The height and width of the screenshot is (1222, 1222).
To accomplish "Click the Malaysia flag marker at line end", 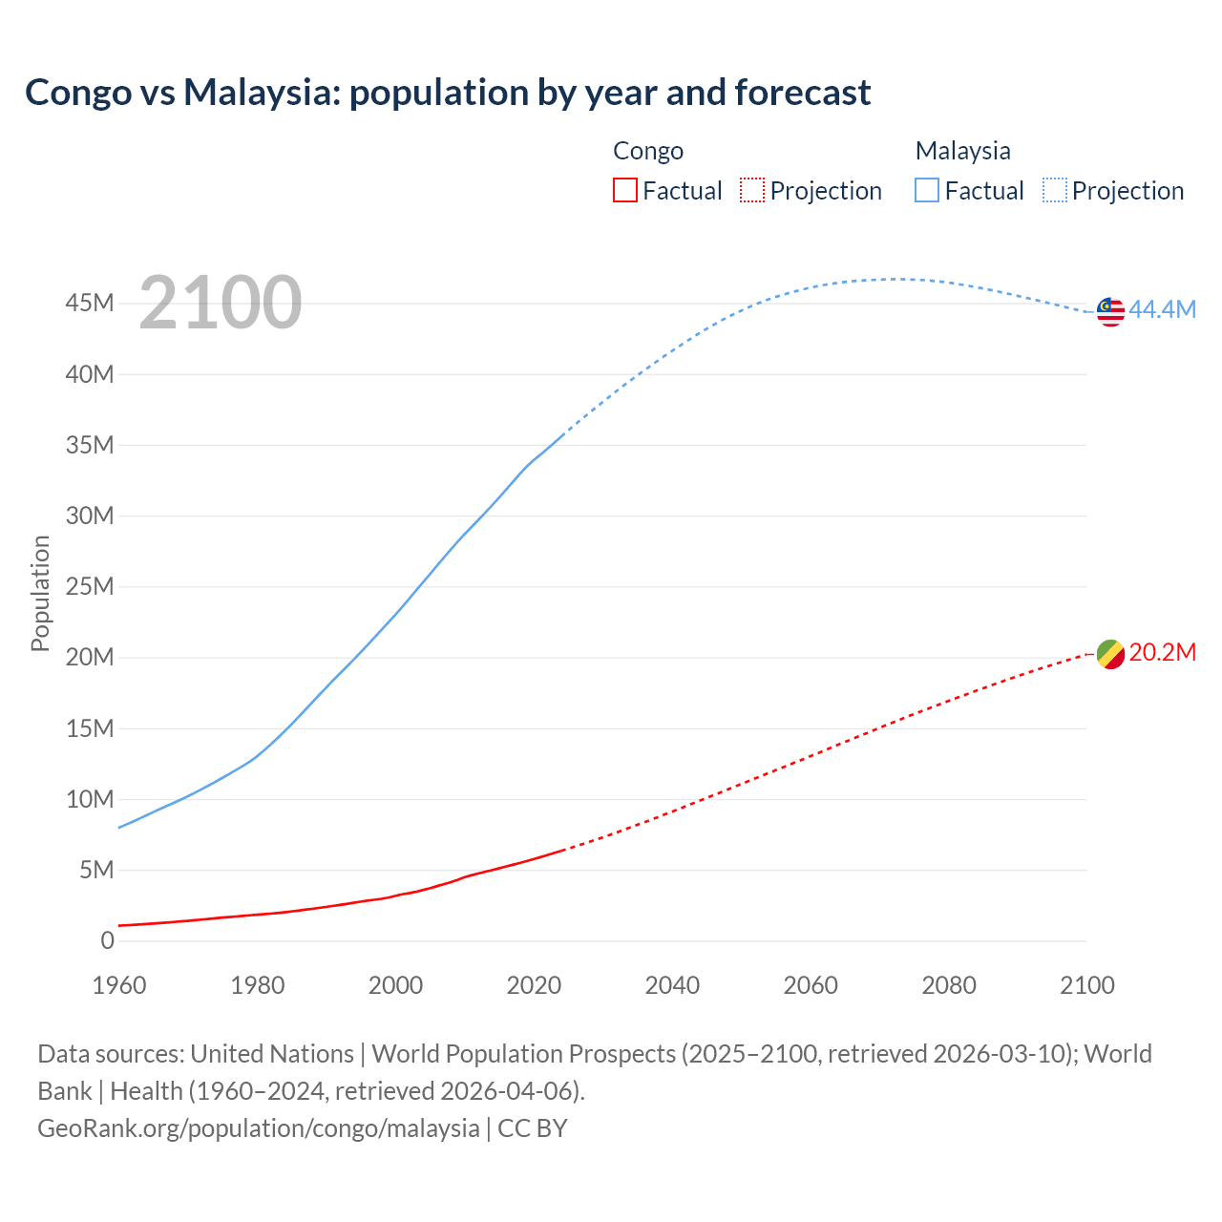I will click(x=1110, y=311).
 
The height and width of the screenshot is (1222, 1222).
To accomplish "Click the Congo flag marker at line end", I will click(x=1110, y=654).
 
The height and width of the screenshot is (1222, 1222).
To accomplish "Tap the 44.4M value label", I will click(x=1162, y=309).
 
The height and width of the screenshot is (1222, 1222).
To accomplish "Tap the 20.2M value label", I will click(x=1162, y=652).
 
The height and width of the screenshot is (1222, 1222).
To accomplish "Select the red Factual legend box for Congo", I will click(x=624, y=190).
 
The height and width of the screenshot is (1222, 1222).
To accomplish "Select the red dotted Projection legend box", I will click(x=752, y=190).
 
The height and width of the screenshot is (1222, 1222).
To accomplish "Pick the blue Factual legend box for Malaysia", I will click(x=926, y=190).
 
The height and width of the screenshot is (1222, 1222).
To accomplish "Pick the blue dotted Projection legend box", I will click(x=1055, y=190).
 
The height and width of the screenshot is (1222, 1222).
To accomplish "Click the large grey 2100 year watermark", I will click(x=221, y=303).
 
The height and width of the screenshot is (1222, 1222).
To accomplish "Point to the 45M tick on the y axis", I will click(x=90, y=304).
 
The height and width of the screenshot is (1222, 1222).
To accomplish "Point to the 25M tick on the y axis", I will click(x=90, y=586).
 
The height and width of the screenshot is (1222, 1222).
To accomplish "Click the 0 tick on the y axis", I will click(x=107, y=940).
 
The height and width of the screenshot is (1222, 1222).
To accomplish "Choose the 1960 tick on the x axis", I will click(x=119, y=985).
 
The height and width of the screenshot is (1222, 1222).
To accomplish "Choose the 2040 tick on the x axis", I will click(x=672, y=985).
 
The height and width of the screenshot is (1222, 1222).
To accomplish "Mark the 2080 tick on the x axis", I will click(x=949, y=985).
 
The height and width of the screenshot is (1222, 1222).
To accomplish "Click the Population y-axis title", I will click(x=40, y=593).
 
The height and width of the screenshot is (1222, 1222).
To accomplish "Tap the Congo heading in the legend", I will click(x=648, y=151).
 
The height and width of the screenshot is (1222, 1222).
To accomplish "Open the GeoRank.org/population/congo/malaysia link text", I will click(x=258, y=1127).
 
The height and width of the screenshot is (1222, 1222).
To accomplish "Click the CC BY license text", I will click(x=533, y=1127).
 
